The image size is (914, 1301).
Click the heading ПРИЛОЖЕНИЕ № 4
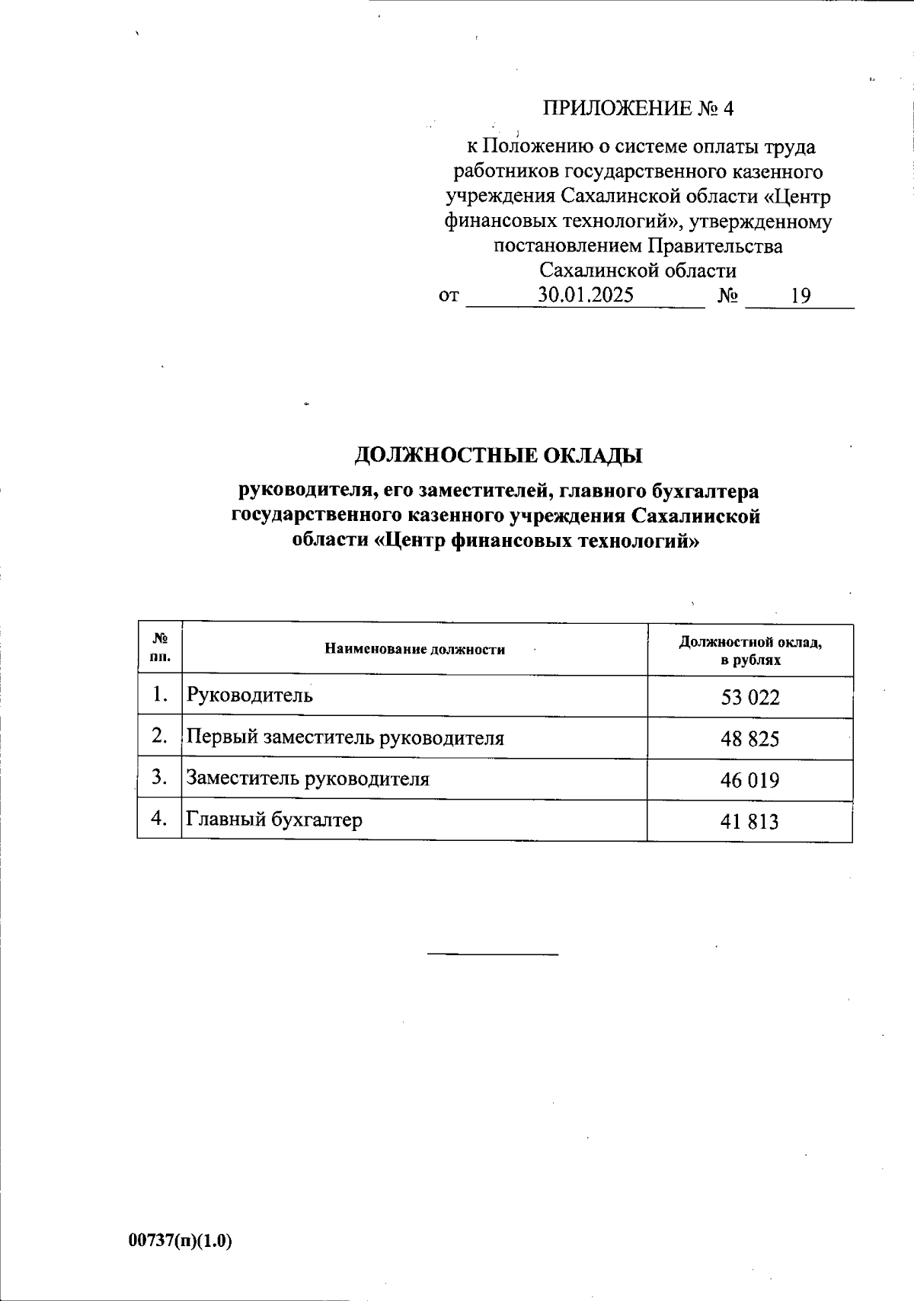(x=638, y=109)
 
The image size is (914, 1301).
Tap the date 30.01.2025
(x=586, y=296)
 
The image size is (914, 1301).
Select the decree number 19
(x=801, y=296)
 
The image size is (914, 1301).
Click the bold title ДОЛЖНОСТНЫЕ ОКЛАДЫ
(x=499, y=456)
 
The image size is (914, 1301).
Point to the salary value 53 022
(x=750, y=697)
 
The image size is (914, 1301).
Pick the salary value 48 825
(x=750, y=739)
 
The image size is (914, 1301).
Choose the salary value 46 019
(x=750, y=780)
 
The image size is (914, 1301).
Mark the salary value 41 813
(x=750, y=821)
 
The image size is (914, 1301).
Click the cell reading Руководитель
(x=250, y=695)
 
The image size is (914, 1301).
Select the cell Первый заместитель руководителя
(x=345, y=737)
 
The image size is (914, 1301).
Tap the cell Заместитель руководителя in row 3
(x=308, y=778)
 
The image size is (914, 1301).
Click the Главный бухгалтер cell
(x=274, y=820)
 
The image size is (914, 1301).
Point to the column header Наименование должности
(x=414, y=650)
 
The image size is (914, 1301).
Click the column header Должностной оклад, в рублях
(x=750, y=650)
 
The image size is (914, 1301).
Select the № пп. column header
(x=160, y=648)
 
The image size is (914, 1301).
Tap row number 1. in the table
(x=159, y=695)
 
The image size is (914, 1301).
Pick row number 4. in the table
(x=159, y=819)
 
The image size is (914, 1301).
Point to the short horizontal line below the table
(x=493, y=954)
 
